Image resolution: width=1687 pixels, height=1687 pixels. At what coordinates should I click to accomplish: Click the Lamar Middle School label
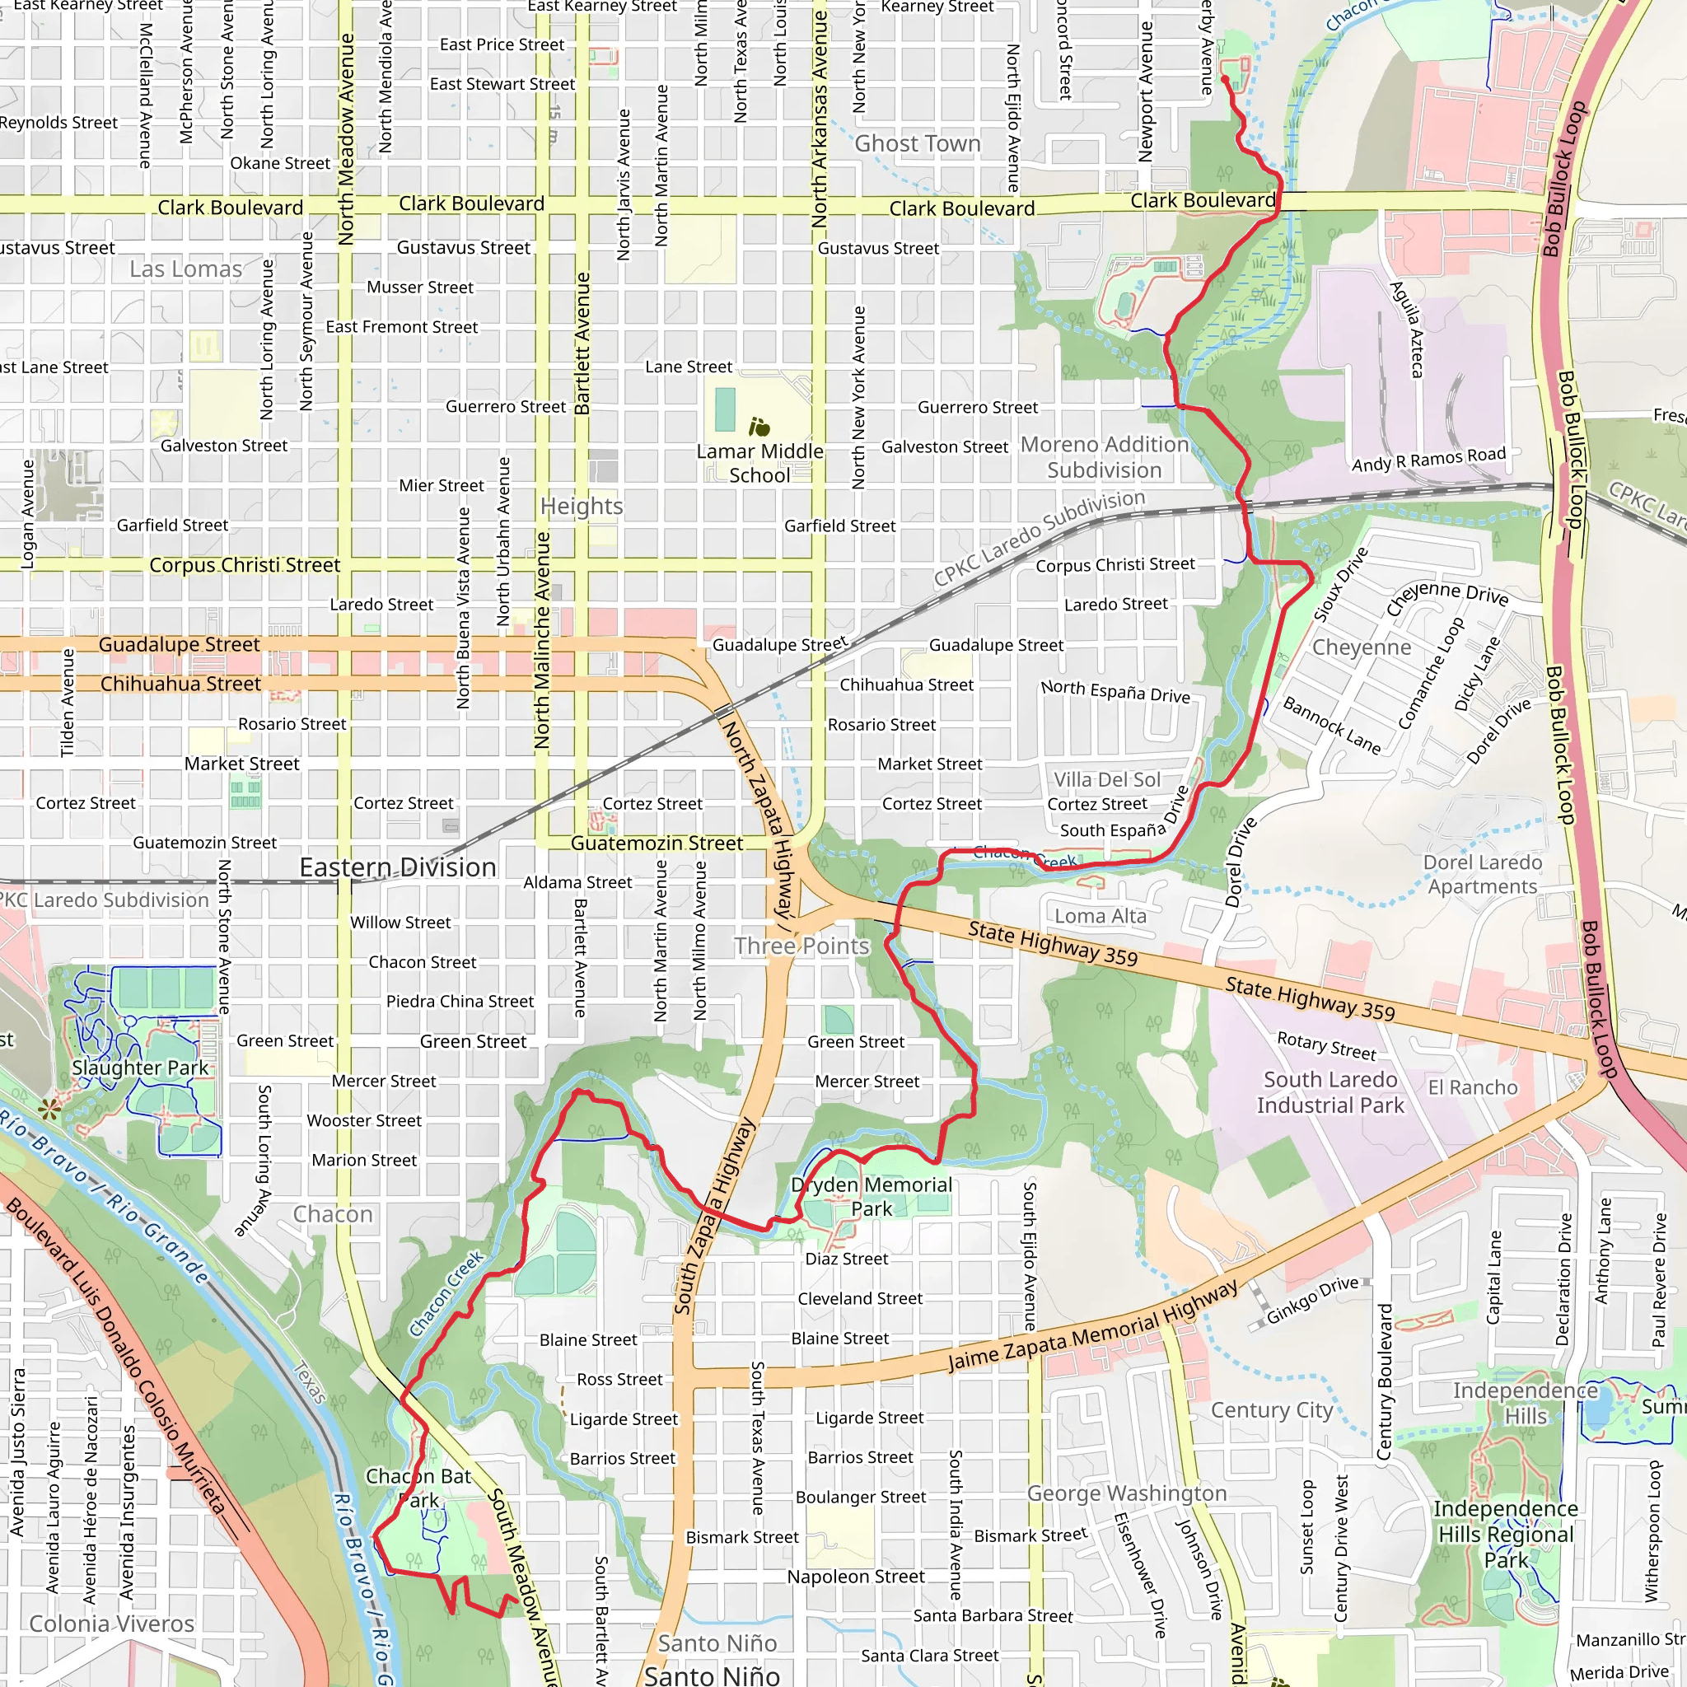point(759,464)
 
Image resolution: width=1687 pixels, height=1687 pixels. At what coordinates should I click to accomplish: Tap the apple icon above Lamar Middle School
point(759,427)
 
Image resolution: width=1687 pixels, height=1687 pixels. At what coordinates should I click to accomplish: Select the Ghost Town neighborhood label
point(917,143)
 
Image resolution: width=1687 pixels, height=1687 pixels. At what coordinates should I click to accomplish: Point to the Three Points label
point(801,946)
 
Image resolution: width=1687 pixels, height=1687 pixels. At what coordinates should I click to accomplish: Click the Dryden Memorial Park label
point(871,1196)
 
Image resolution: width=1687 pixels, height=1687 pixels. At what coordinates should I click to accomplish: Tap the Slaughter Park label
point(140,1067)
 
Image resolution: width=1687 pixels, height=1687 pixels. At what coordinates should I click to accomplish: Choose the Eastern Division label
point(397,867)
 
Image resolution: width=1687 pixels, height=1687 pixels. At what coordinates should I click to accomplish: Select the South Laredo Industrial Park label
point(1330,1091)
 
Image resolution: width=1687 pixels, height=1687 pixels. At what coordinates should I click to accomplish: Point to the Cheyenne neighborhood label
point(1362,647)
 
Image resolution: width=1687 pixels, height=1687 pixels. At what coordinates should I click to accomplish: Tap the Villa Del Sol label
point(1106,779)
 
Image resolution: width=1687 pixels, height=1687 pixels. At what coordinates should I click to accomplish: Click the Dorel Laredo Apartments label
point(1482,874)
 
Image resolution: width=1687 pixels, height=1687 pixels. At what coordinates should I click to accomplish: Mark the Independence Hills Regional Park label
point(1506,1534)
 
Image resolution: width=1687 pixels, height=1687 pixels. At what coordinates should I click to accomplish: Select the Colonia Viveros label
point(112,1624)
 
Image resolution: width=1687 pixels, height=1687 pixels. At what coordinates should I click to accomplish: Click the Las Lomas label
point(185,269)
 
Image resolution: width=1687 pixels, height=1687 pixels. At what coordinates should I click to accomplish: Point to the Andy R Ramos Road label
point(1428,459)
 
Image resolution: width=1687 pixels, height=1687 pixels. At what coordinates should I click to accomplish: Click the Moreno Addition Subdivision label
point(1104,456)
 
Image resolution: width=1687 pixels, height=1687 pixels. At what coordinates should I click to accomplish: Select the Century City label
point(1271,1410)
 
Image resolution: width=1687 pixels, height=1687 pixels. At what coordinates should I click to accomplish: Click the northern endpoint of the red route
point(1224,78)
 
